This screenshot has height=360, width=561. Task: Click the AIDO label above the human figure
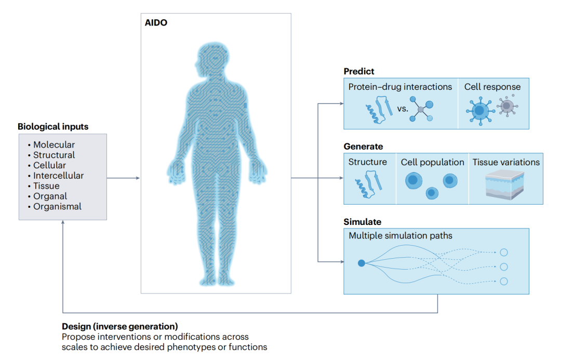pyautogui.click(x=156, y=22)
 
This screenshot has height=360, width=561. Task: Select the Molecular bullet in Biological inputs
pyautogui.click(x=54, y=144)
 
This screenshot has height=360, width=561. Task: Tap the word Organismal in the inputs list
pyautogui.click(x=57, y=206)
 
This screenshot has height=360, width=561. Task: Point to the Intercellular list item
pyautogui.click(x=58, y=176)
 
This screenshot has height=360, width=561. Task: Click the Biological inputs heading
pyautogui.click(x=53, y=126)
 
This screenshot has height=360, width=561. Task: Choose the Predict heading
pyautogui.click(x=359, y=71)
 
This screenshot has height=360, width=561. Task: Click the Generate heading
pyautogui.click(x=363, y=146)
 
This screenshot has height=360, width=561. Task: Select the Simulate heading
pyautogui.click(x=363, y=222)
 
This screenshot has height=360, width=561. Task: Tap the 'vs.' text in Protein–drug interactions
pyautogui.click(x=403, y=109)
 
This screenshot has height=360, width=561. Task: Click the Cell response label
pyautogui.click(x=492, y=87)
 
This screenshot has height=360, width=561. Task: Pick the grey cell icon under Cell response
pyautogui.click(x=507, y=106)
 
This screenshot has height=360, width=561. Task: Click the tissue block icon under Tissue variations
pyautogui.click(x=504, y=184)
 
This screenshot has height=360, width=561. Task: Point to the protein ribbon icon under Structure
pyautogui.click(x=368, y=184)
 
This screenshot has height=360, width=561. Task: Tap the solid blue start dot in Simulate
pyautogui.click(x=362, y=263)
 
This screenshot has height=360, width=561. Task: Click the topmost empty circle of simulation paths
pyautogui.click(x=504, y=252)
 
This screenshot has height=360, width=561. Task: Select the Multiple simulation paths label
pyautogui.click(x=400, y=235)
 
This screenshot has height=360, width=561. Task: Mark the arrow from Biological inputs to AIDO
pyautogui.click(x=123, y=178)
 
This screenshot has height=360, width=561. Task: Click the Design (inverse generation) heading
pyautogui.click(x=120, y=326)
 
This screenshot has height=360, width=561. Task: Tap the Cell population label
pyautogui.click(x=432, y=162)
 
